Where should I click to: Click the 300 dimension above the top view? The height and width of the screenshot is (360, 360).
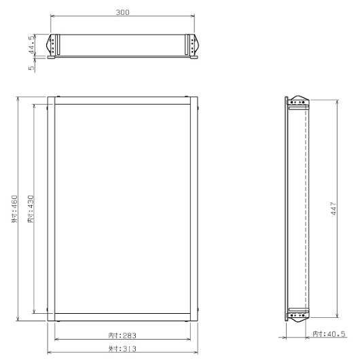[123, 12]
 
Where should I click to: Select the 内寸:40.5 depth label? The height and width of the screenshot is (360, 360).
[329, 334]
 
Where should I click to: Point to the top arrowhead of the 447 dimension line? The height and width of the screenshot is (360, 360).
[337, 101]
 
